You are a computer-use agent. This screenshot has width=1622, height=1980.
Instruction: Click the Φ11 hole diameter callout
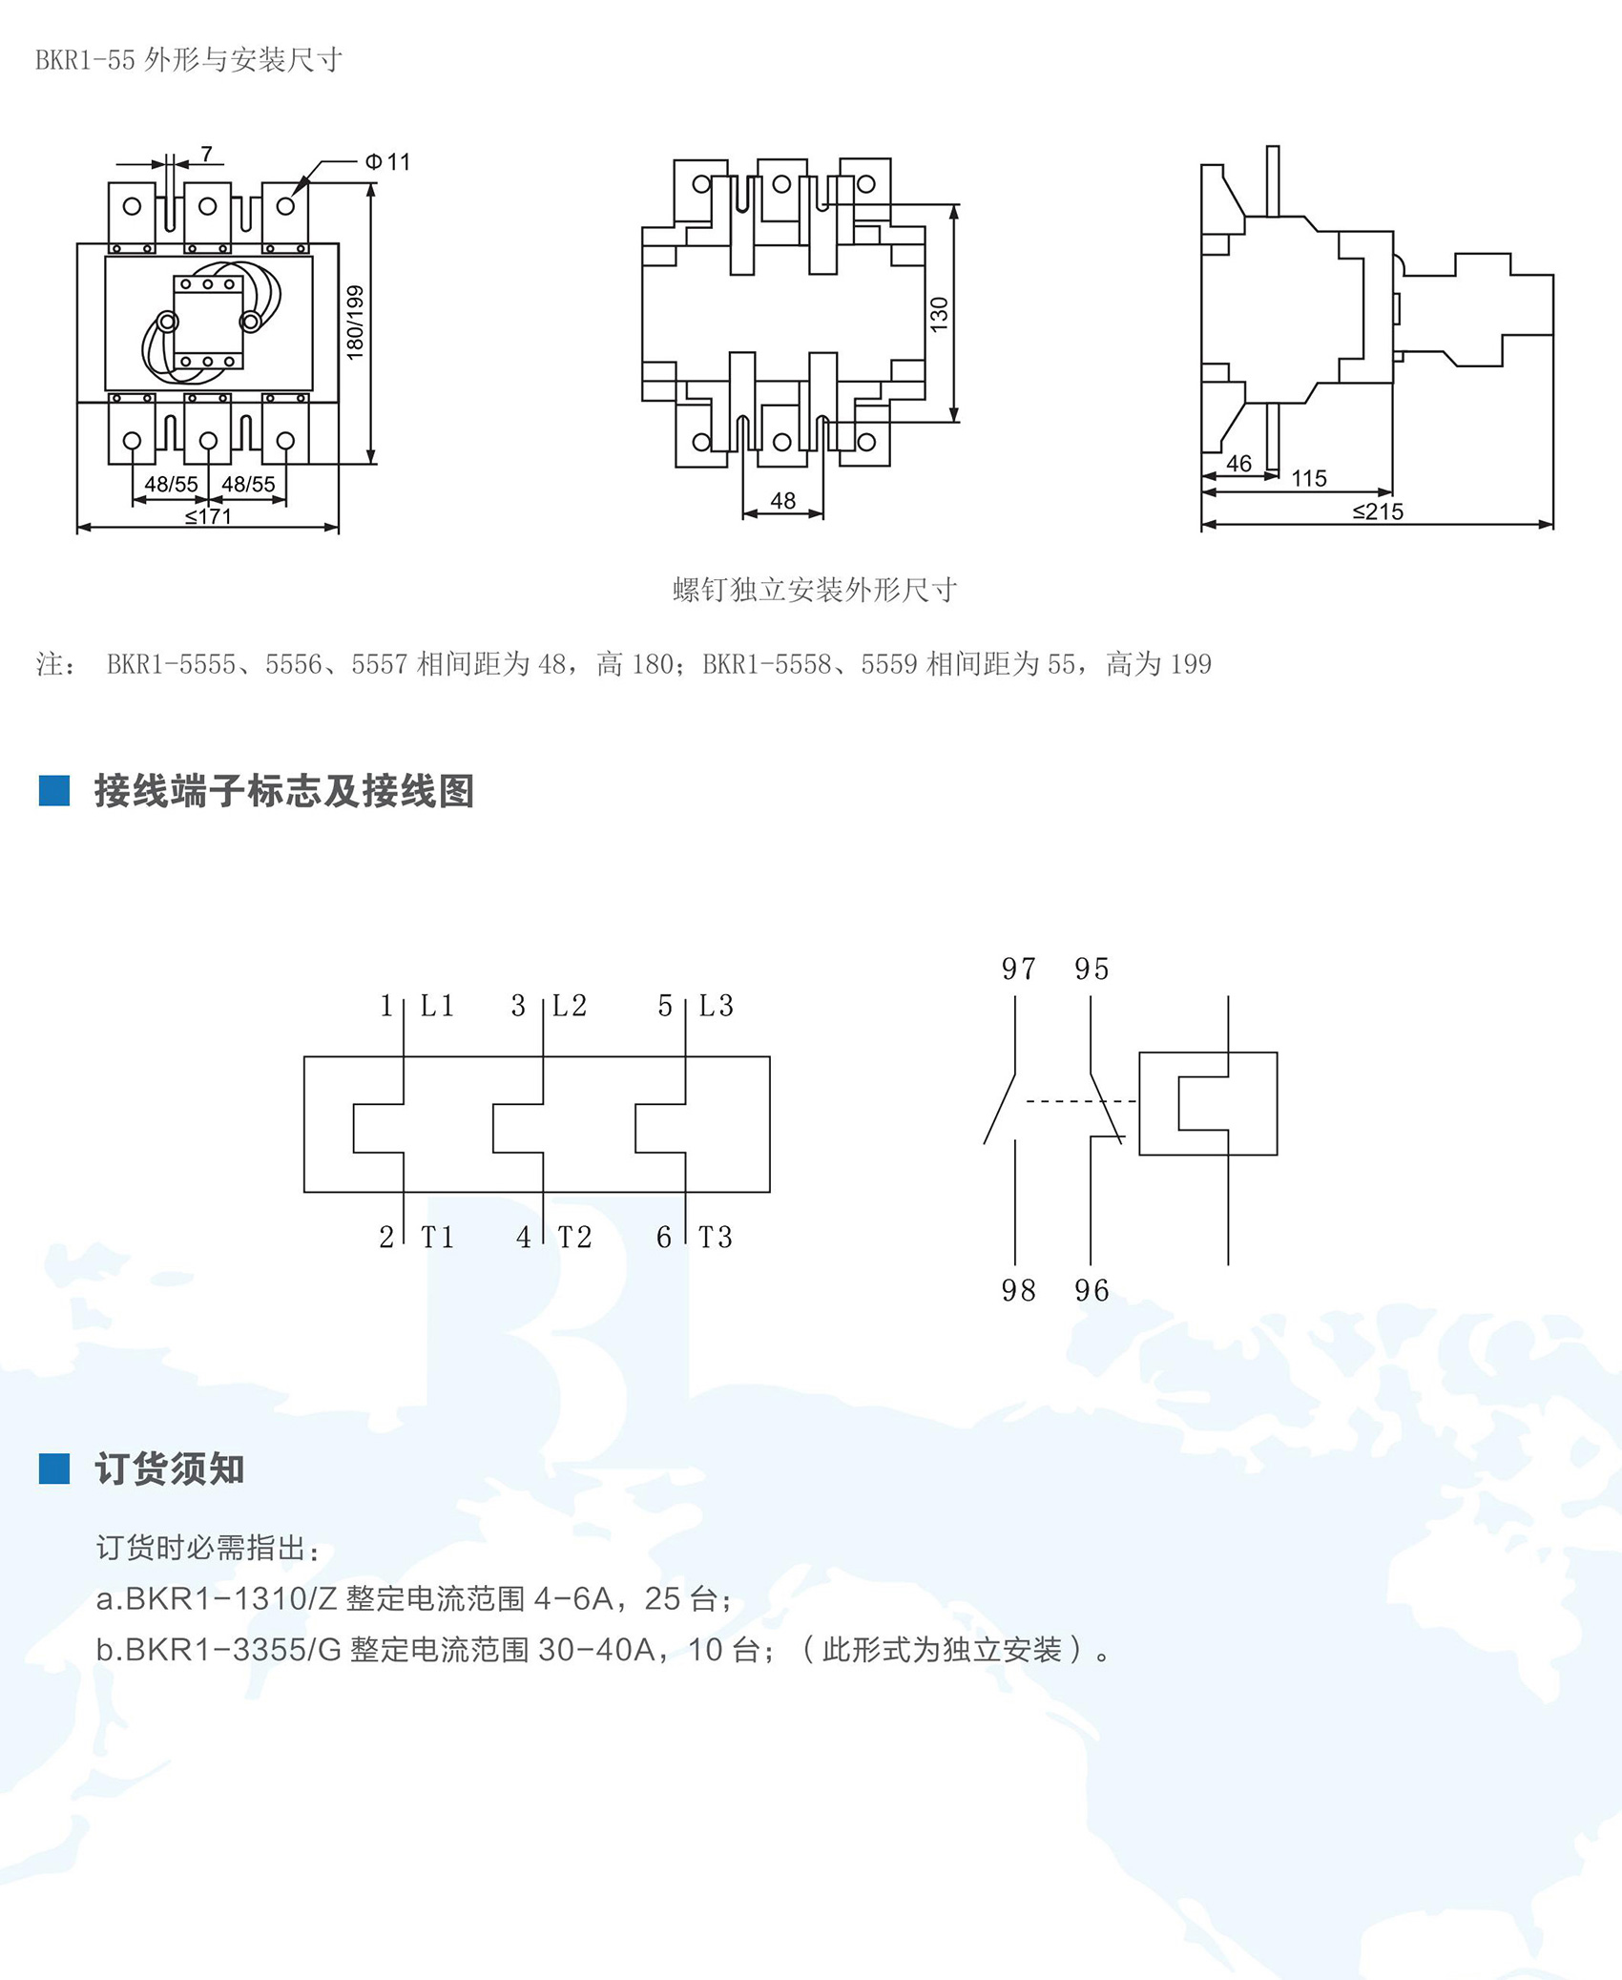[387, 162]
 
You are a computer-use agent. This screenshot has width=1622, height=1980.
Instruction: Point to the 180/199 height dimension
[355, 323]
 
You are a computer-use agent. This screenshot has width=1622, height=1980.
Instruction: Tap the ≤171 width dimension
[208, 516]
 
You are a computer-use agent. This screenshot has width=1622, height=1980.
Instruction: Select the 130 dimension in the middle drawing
[939, 314]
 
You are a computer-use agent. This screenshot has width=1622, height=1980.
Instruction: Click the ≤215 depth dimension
[1378, 511]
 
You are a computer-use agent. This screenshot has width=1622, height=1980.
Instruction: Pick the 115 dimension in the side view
[1309, 478]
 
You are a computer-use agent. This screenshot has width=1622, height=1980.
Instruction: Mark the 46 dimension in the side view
[1238, 464]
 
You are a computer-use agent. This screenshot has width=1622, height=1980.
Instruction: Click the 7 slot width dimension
[207, 155]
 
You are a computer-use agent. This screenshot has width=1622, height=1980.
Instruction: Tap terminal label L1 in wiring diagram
[437, 1006]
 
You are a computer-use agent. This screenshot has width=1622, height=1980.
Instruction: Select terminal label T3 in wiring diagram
[716, 1238]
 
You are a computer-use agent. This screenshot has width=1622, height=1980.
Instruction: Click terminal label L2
[570, 1006]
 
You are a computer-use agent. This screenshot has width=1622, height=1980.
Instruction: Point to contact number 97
[1018, 969]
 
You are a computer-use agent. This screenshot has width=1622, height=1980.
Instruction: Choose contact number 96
[1092, 1291]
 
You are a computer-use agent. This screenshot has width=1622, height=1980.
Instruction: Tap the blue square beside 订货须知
[54, 1469]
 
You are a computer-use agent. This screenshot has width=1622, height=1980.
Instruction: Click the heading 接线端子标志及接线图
[283, 791]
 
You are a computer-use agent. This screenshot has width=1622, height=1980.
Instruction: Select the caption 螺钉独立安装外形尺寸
[814, 590]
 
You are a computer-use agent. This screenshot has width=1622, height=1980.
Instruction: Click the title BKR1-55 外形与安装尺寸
[189, 60]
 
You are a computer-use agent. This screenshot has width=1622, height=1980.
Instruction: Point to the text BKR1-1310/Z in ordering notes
[231, 1598]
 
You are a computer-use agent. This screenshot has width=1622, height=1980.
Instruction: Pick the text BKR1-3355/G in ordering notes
[233, 1650]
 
